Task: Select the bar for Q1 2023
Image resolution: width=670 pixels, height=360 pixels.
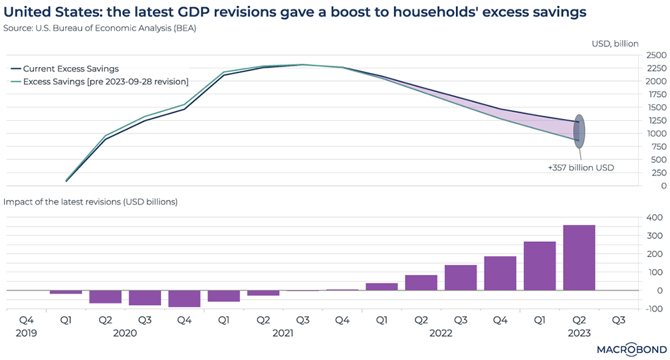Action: [540, 266]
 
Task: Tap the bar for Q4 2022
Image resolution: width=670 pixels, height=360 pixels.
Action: [501, 273]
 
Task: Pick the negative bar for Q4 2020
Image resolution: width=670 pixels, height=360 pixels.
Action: [184, 298]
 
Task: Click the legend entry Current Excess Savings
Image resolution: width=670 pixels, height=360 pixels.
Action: [70, 68]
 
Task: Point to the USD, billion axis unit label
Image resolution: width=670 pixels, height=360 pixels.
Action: [615, 44]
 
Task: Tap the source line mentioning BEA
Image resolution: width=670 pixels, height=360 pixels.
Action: [100, 29]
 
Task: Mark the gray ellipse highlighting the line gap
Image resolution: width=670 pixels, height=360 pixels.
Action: [579, 131]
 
